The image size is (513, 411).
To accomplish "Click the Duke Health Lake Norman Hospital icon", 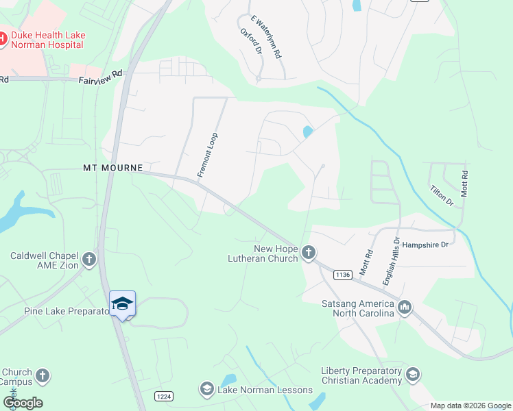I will pos(2,39).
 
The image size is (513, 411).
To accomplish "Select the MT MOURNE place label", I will pos(112,168).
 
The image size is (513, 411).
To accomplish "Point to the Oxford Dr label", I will pos(251,42).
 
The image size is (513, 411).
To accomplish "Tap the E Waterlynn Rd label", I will pos(267,37).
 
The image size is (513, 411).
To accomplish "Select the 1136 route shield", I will pos(343,275).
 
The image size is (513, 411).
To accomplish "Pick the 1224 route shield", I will pos(163,396).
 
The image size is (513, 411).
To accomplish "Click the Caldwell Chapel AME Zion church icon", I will pos(88,259).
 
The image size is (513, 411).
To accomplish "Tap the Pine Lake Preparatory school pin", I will pos(122,304).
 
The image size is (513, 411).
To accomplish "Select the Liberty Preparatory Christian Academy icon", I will pos(413,375).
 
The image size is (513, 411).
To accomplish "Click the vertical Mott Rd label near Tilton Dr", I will pos(464,184).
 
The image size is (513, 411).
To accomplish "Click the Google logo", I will pos(23,403).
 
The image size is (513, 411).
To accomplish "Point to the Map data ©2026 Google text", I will pos(470,406).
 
